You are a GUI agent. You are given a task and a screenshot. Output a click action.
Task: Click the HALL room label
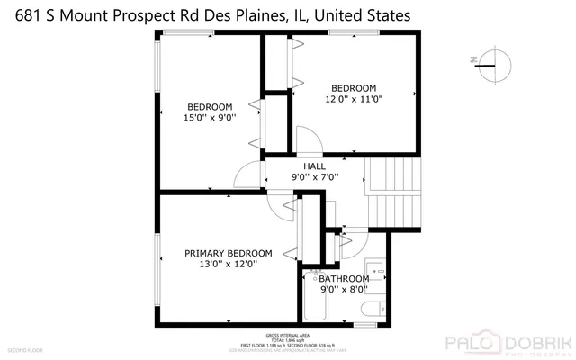click(x=315, y=166)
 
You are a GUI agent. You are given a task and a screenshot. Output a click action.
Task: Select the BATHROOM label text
click(x=345, y=279)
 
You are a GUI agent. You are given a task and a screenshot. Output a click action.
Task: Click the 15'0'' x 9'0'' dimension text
click(x=210, y=116)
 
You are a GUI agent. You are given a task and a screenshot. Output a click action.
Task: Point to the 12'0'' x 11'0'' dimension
click(x=354, y=99)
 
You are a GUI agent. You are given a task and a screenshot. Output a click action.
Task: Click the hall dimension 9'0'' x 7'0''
click(x=315, y=177)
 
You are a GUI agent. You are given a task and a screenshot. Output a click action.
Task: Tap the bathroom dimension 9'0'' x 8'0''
click(x=345, y=291)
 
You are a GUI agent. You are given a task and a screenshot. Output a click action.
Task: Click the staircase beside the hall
click(x=392, y=194)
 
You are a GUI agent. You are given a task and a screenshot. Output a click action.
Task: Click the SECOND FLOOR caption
click(x=25, y=349)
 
